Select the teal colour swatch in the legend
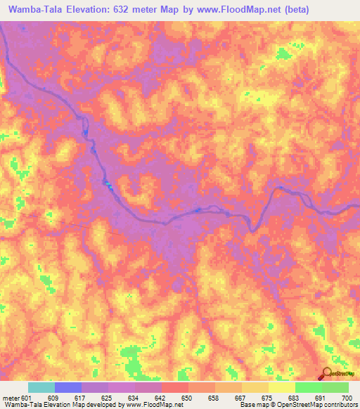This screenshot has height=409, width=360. coord(41,387)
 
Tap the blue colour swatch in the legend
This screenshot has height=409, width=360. coord(68,387)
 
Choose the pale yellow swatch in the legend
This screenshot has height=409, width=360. coord(282,387)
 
